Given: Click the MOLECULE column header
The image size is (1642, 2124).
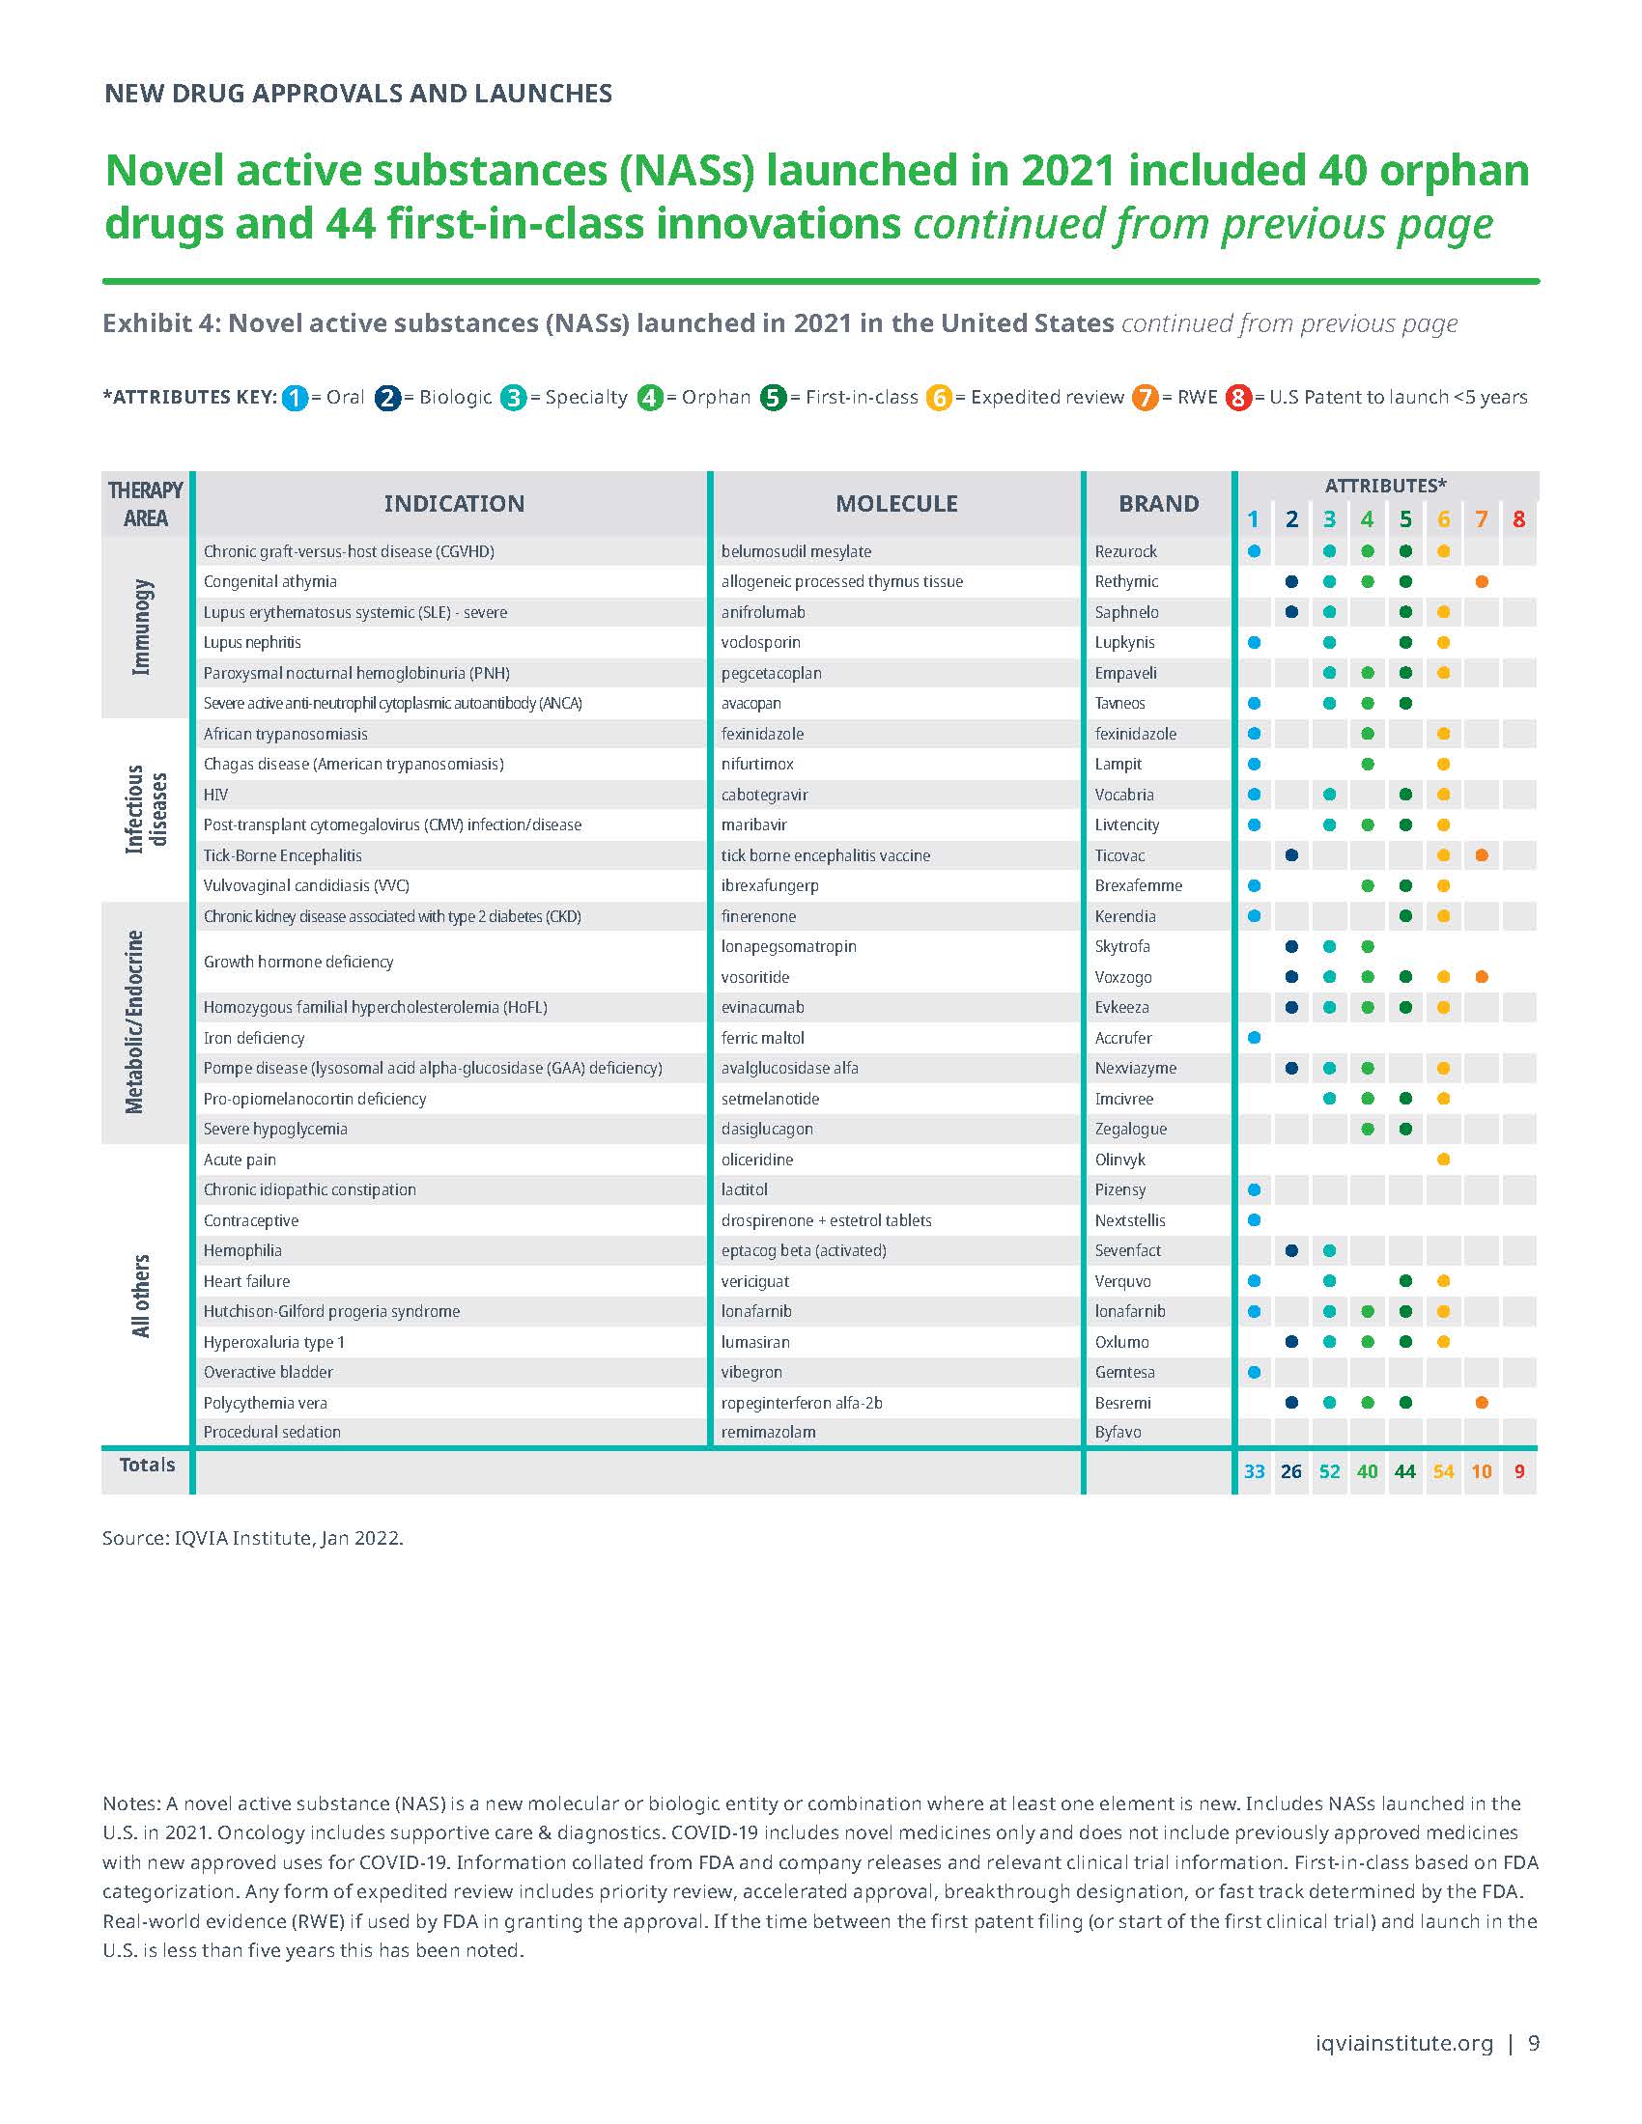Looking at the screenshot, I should (x=896, y=503).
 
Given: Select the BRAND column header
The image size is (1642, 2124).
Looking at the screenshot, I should (x=1157, y=503).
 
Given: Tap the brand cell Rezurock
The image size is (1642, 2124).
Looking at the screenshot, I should (x=1125, y=551).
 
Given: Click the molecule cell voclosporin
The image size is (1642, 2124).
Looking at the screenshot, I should (x=761, y=642).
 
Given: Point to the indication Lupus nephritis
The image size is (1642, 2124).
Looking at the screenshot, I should (x=252, y=642).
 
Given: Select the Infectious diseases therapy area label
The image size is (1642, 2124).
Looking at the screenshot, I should (x=146, y=809).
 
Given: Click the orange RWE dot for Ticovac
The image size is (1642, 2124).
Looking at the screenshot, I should (x=1481, y=854).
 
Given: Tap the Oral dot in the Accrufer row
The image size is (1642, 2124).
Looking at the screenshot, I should (x=1254, y=1038).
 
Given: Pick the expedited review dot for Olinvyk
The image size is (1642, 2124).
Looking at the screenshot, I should (x=1443, y=1160).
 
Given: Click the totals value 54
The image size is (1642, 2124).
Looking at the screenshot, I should (x=1443, y=1471).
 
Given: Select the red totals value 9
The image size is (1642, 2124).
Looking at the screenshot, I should (x=1518, y=1471).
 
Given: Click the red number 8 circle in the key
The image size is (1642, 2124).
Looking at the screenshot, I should (x=1238, y=398).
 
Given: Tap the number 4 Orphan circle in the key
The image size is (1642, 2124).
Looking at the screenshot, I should (x=650, y=398).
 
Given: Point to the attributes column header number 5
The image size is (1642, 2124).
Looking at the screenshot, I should (x=1404, y=519).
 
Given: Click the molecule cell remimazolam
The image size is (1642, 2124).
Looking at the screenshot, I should (x=768, y=1432).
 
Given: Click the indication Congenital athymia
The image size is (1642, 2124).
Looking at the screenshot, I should (x=269, y=581).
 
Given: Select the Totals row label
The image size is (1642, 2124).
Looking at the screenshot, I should (x=147, y=1465).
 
